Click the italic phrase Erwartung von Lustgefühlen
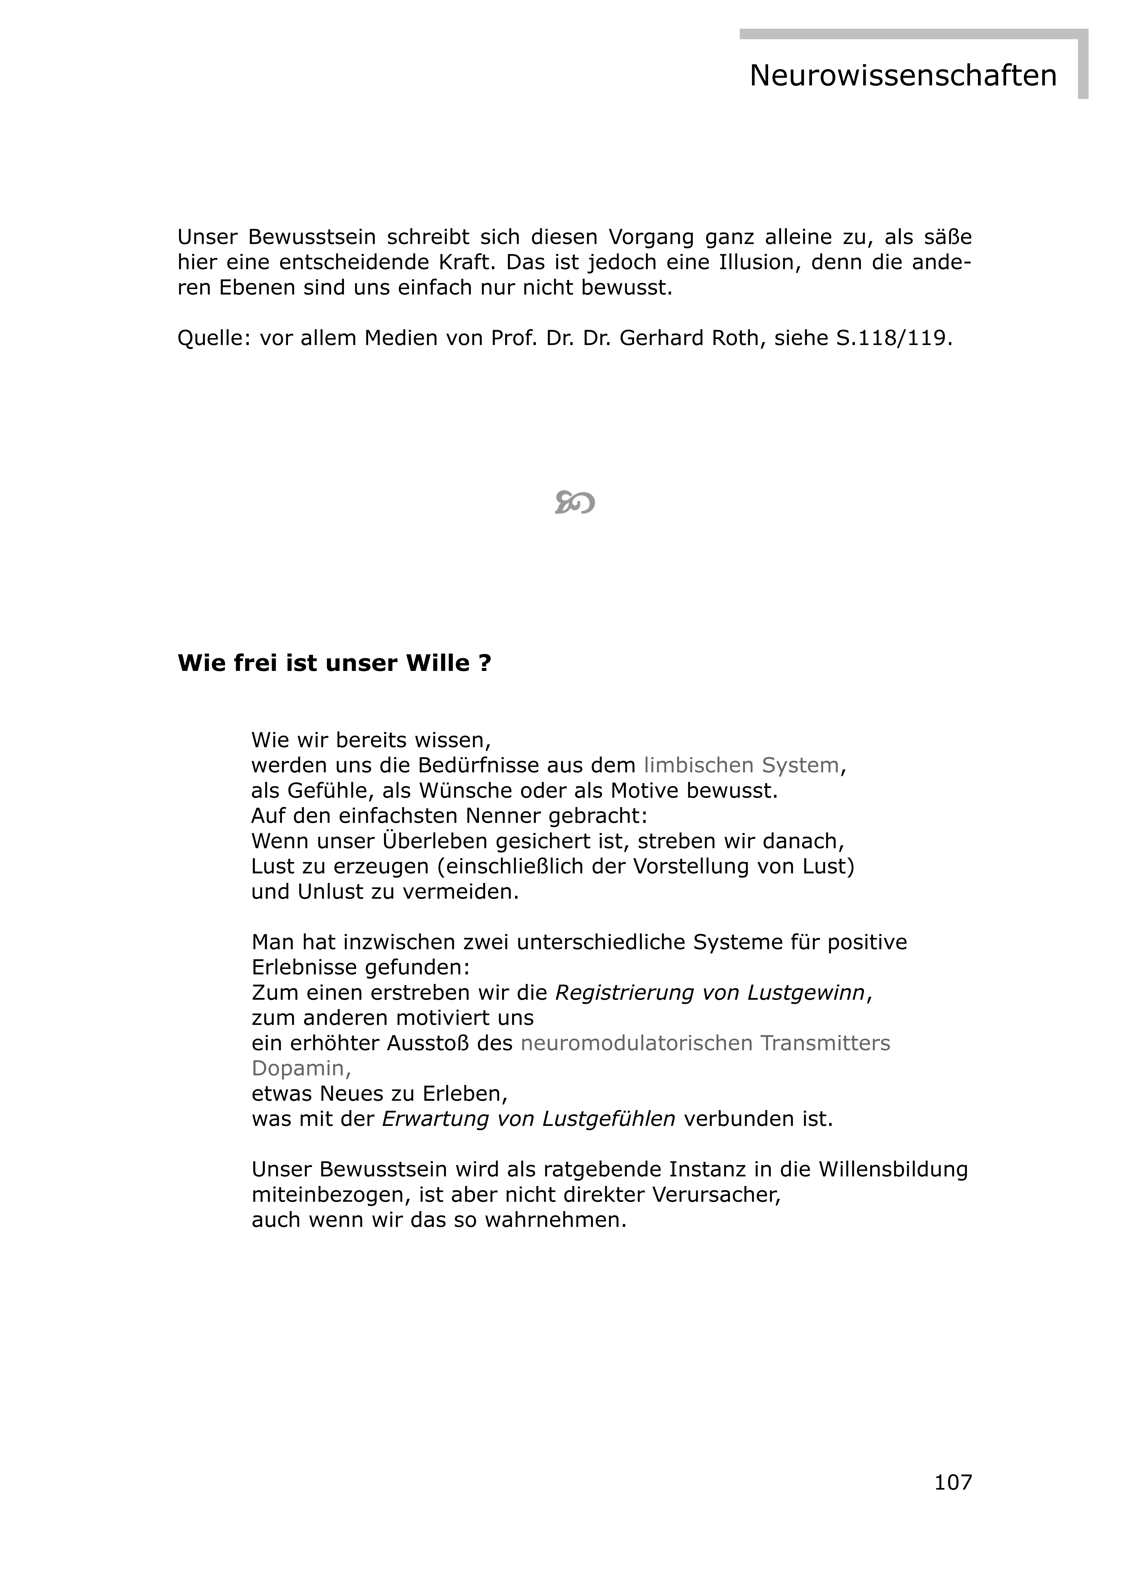click(529, 1119)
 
